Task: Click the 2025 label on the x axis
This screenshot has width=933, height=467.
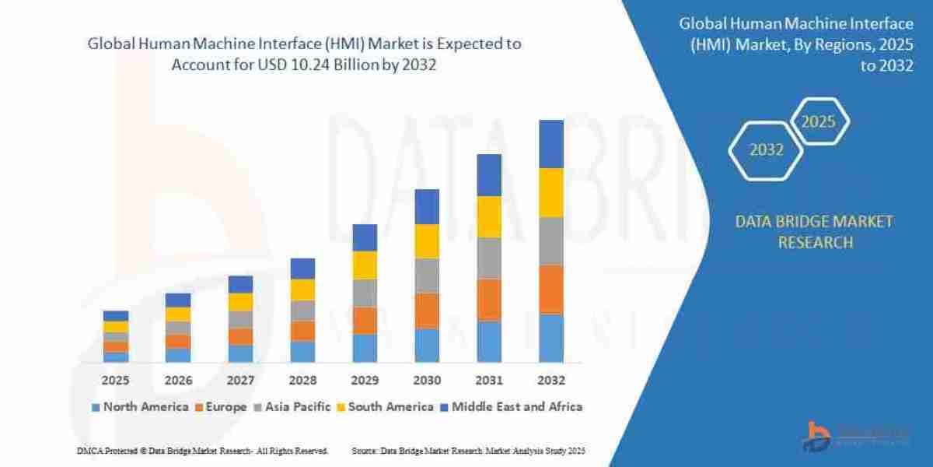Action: [116, 381]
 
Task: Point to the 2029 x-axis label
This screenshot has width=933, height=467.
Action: [365, 381]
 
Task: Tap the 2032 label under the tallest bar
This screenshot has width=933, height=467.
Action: [551, 381]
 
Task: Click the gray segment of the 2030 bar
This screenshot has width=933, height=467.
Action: [427, 276]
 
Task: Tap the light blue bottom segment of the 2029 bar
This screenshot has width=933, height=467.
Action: [365, 348]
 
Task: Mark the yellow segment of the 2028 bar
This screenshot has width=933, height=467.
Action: [302, 290]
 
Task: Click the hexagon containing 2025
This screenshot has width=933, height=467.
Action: [818, 122]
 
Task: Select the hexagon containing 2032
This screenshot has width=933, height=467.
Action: [766, 150]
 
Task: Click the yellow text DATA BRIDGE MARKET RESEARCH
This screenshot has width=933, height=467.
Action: [814, 232]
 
